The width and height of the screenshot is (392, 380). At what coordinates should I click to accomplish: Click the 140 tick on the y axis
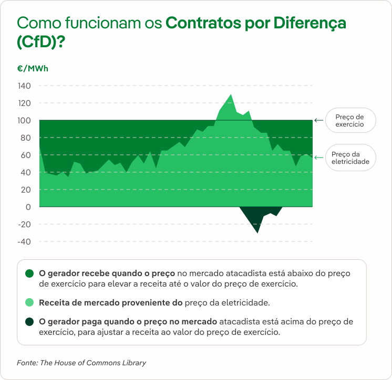[x=25, y=86]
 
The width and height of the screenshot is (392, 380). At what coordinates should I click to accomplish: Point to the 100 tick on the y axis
[x=25, y=121]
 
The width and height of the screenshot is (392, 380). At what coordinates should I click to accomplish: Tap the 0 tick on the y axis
[x=28, y=207]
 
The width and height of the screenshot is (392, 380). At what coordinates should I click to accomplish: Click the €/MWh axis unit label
[x=33, y=69]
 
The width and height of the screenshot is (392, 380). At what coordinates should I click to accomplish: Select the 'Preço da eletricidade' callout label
[x=350, y=158]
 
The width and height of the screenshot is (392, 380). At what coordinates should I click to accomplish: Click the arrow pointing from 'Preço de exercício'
[x=318, y=120]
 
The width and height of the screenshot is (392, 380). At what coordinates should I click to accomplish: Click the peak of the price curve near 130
[x=231, y=95]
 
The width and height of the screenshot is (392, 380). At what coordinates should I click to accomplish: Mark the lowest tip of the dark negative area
[x=257, y=232]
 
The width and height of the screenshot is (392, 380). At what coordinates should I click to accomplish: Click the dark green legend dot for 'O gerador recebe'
[x=29, y=273]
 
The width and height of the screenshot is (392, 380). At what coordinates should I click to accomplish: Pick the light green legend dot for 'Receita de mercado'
[x=29, y=302]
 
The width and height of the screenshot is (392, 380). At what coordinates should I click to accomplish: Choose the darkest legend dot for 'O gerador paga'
[x=29, y=321]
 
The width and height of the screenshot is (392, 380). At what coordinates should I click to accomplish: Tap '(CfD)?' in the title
[x=42, y=43]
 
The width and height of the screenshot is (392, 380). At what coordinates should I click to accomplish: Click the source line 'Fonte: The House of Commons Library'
[x=81, y=363]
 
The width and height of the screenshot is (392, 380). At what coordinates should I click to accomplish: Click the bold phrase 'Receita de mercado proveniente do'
[x=111, y=302]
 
